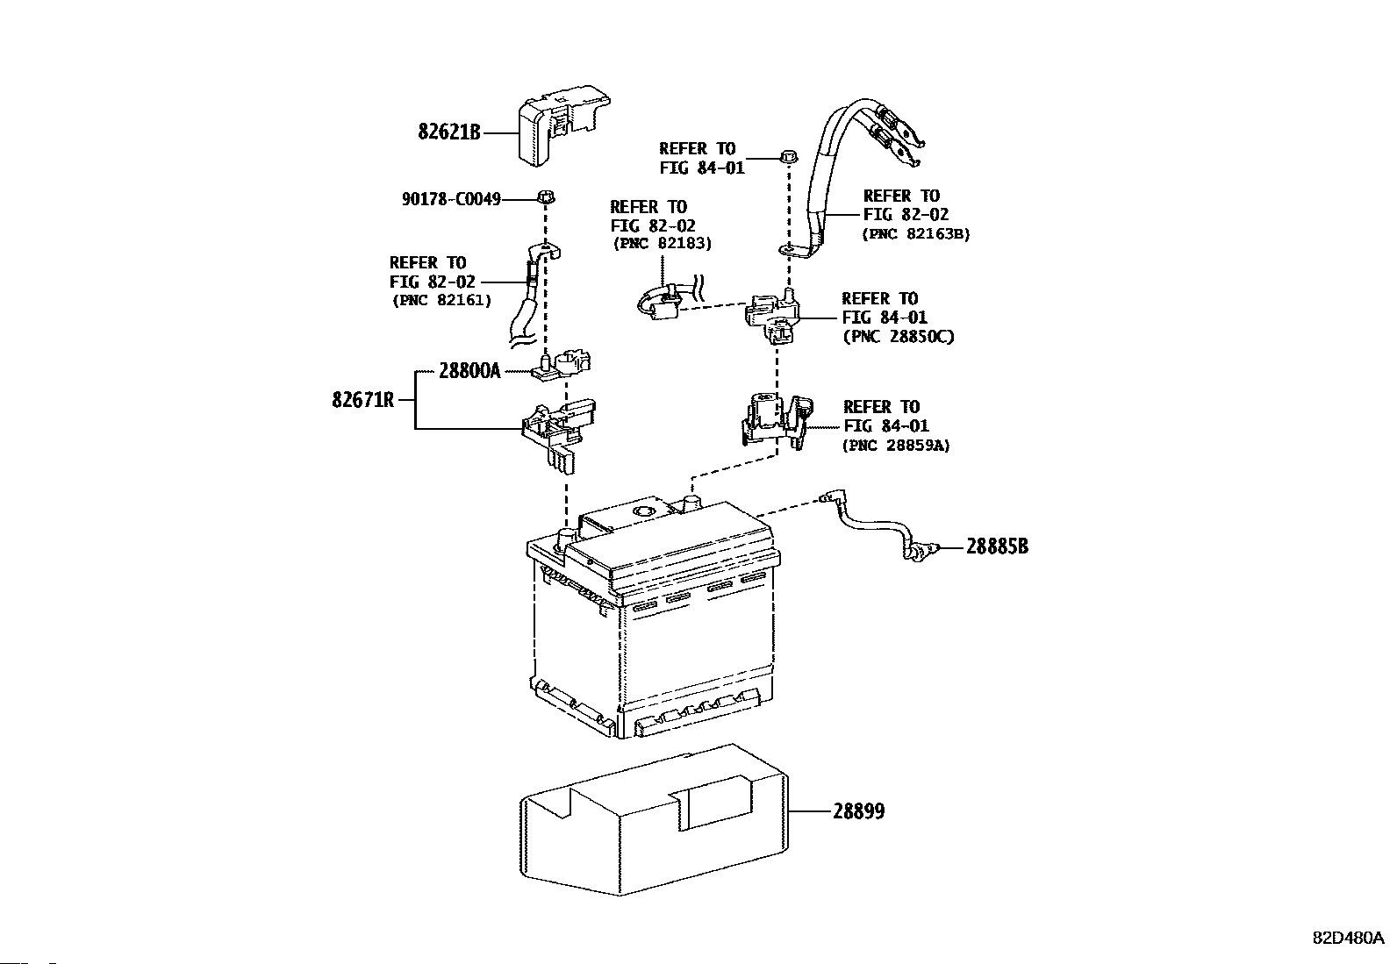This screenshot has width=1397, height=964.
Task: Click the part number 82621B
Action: pyautogui.click(x=449, y=133)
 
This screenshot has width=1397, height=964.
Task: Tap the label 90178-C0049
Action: pyautogui.click(x=451, y=200)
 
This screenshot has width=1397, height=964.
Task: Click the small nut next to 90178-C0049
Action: pyautogui.click(x=545, y=197)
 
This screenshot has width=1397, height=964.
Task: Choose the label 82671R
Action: pyautogui.click(x=362, y=401)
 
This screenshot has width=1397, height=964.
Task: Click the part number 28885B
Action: pyautogui.click(x=997, y=547)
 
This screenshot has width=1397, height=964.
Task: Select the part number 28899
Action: pyautogui.click(x=859, y=812)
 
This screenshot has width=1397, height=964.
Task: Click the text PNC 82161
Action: pyautogui.click(x=441, y=301)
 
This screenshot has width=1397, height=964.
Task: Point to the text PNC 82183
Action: pyautogui.click(x=662, y=243)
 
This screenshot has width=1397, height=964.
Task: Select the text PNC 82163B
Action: pyautogui.click(x=916, y=234)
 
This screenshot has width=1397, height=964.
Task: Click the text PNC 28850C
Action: pyautogui.click(x=897, y=337)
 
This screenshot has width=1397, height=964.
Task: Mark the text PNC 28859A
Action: pyautogui.click(x=895, y=446)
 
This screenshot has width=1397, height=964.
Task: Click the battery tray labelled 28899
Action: pyautogui.click(x=654, y=820)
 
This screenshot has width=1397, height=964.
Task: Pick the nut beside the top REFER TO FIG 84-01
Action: pyautogui.click(x=786, y=158)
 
